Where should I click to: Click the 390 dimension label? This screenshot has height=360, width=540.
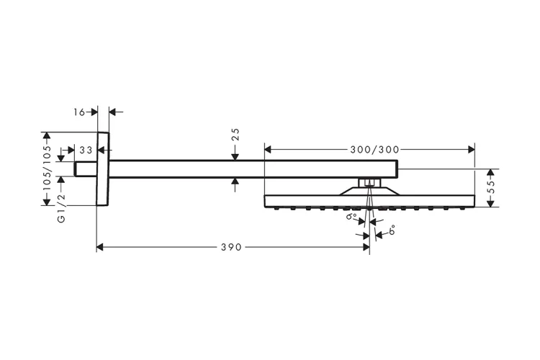pos(231,247)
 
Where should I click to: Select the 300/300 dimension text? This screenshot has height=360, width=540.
pos(374,150)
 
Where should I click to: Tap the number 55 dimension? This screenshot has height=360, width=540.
pos(491,188)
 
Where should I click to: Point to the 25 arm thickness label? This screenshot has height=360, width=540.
pos(235,135)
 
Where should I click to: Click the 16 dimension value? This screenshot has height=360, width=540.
pos(79,112)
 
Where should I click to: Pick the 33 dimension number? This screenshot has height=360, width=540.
pos(86,150)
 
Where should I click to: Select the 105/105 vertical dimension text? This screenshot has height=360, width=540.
pos(47,168)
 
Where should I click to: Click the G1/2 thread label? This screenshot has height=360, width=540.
pos(61,208)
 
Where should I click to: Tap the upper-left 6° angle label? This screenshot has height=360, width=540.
pos(351,216)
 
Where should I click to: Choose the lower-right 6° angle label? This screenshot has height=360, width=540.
pos(392,230)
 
